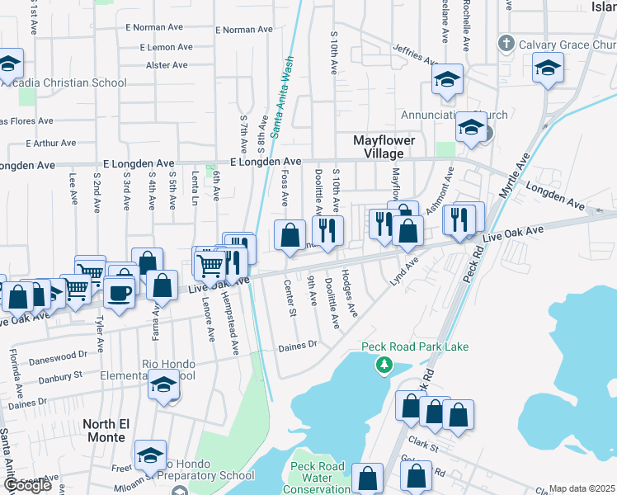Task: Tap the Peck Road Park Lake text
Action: tap(415, 346)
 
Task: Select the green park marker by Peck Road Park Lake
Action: tap(383, 365)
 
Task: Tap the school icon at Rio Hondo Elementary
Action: tap(164, 385)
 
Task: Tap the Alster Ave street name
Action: tap(166, 65)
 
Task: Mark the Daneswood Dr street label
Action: tap(58, 357)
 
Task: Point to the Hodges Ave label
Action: tap(349, 294)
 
